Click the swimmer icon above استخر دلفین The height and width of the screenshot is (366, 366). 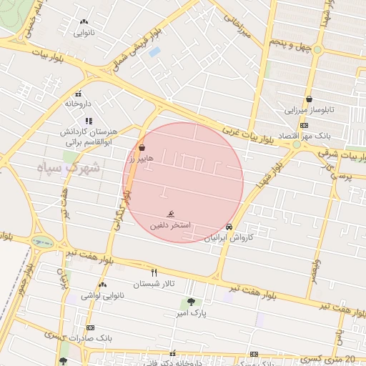coord(170,214)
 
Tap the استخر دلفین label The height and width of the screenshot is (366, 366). coord(170,225)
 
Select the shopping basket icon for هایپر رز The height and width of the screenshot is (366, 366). coord(142,148)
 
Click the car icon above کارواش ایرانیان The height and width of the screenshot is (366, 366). coord(228,228)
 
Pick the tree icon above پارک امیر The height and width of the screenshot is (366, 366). coord(191,302)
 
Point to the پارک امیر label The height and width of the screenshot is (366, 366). coord(192,313)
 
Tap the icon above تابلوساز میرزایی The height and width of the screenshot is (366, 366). coord(309,99)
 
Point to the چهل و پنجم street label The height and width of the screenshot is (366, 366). coord(290,44)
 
